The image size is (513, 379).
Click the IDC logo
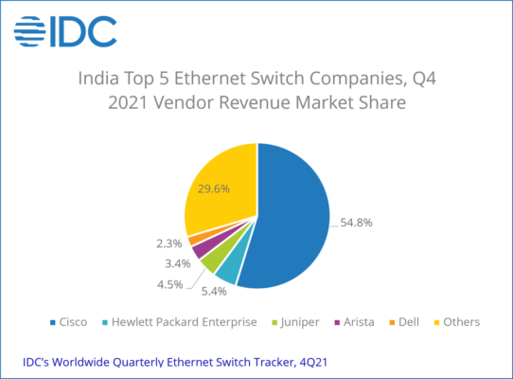click(x=65, y=31)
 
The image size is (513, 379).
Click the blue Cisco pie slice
click(x=292, y=216)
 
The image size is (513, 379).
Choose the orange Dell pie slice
click(x=196, y=239)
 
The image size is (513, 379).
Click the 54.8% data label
click(x=356, y=223)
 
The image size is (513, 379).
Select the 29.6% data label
click(x=214, y=189)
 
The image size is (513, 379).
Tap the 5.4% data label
click(x=214, y=291)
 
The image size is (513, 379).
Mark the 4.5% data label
click(x=169, y=284)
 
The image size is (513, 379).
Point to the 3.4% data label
click(x=178, y=263)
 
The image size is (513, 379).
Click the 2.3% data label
click(x=169, y=244)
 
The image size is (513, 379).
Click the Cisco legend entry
click(x=68, y=322)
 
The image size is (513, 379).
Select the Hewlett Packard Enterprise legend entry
click(x=179, y=322)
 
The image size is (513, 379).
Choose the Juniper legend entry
click(x=295, y=322)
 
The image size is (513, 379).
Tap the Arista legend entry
click(x=354, y=322)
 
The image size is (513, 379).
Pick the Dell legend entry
click(x=404, y=322)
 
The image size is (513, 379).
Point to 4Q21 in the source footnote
click(x=313, y=362)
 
